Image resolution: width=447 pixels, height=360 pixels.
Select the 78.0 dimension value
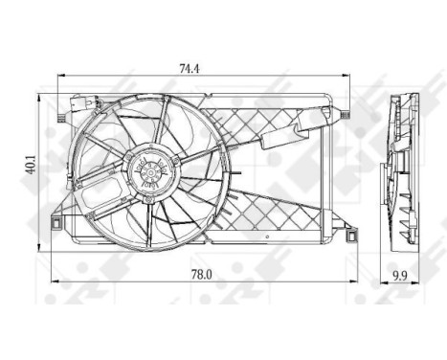click(196, 274)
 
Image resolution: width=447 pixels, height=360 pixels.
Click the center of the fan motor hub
click(151, 171)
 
